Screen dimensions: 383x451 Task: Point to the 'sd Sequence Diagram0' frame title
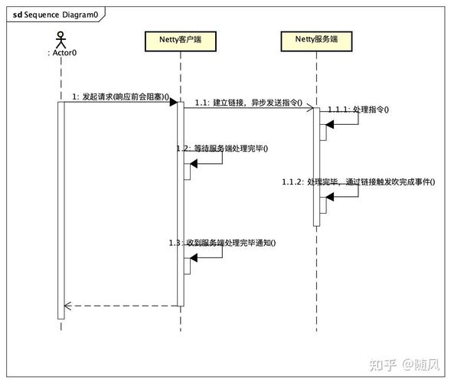click(x=54, y=14)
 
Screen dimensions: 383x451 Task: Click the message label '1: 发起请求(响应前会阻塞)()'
click(x=120, y=97)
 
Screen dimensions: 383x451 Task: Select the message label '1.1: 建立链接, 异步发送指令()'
click(x=248, y=101)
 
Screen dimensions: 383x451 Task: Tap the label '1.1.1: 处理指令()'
click(x=358, y=110)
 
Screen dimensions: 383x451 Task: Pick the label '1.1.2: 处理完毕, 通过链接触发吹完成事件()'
click(x=358, y=182)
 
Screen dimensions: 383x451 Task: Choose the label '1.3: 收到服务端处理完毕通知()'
click(x=222, y=243)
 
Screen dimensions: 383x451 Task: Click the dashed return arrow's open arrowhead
click(x=68, y=306)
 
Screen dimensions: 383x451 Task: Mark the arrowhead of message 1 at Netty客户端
click(x=174, y=102)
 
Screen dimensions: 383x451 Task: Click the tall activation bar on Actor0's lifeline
click(x=61, y=207)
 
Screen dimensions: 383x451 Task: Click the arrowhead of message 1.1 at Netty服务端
click(x=309, y=108)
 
